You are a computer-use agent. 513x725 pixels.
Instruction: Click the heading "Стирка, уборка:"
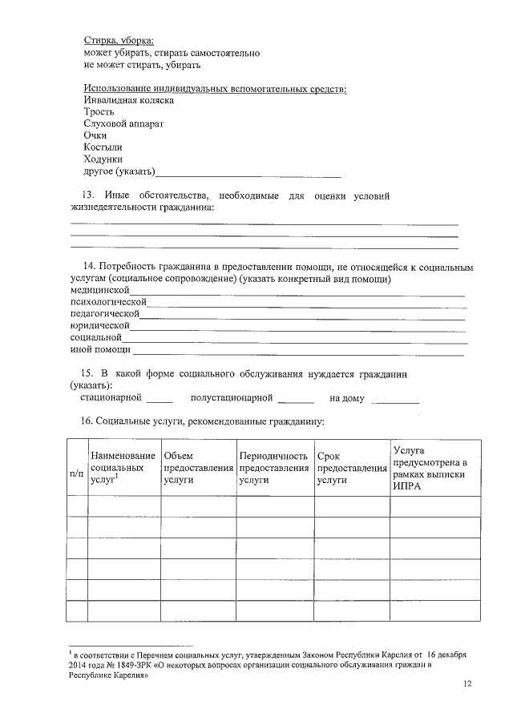tap(119, 39)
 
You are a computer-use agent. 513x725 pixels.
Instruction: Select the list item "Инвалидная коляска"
tap(128, 100)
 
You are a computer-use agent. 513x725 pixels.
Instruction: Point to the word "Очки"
tap(95, 136)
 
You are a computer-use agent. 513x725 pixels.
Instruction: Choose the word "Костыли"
tap(103, 148)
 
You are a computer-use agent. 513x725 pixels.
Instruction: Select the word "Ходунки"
tap(103, 160)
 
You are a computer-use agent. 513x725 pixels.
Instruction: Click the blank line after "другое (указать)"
tap(249, 173)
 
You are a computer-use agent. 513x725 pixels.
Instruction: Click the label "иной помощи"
tap(100, 350)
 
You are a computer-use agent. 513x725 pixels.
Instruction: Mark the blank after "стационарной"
tap(160, 399)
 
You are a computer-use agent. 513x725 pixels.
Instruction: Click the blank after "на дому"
tap(395, 399)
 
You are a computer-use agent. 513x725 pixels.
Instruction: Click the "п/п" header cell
tap(77, 473)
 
